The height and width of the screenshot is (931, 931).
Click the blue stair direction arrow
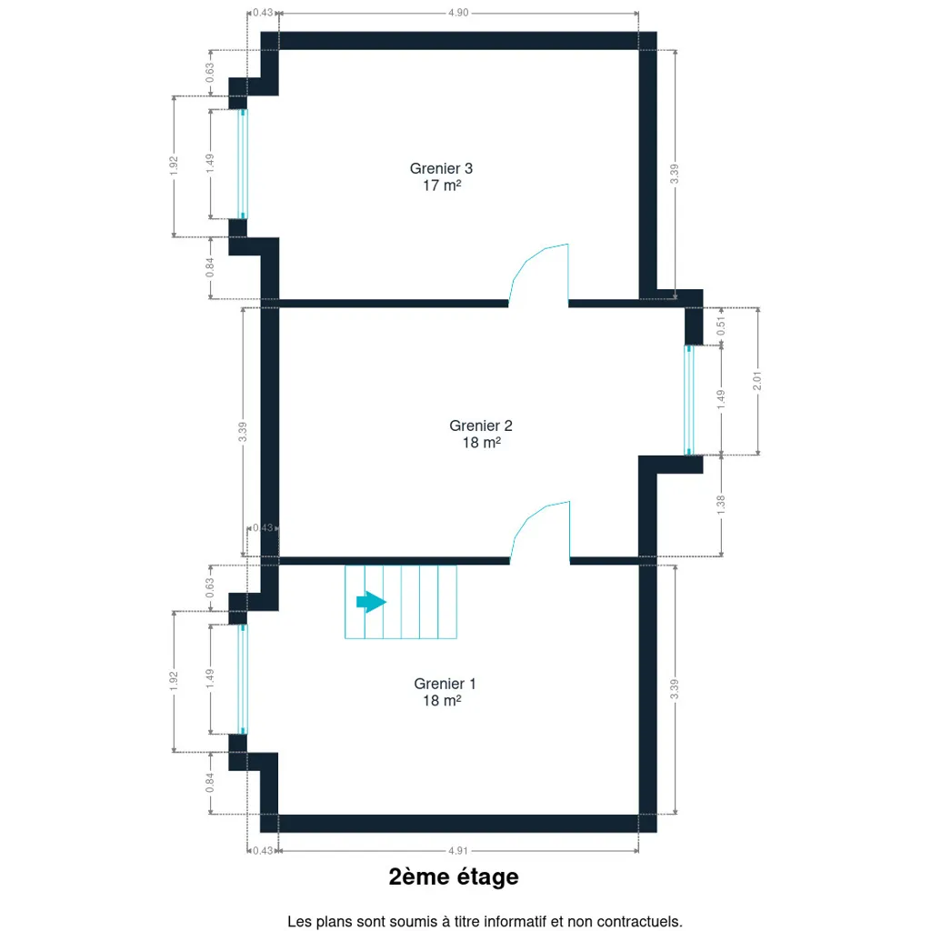[x=371, y=602]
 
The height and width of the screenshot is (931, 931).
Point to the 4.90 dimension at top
[x=458, y=13]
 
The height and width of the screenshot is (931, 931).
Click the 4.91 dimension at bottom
[x=458, y=851]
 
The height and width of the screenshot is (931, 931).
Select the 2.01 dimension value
[x=757, y=381]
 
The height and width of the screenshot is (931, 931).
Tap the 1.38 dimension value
[x=721, y=505]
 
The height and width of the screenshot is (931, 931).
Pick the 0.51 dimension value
[x=721, y=326]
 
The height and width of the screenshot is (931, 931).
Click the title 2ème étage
[x=454, y=877]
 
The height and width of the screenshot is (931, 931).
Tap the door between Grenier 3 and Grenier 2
[x=538, y=275]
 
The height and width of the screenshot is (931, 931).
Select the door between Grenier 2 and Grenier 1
[x=540, y=532]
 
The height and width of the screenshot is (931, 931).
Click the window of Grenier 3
[x=242, y=164]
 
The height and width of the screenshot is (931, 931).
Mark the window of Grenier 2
[x=689, y=400]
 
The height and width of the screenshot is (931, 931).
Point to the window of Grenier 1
[x=242, y=679]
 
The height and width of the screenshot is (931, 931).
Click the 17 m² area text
[x=442, y=185]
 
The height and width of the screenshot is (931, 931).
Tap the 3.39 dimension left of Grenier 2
[x=242, y=432]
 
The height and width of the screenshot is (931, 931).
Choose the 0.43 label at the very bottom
[x=263, y=851]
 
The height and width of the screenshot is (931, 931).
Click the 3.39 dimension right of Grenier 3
[x=675, y=174]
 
